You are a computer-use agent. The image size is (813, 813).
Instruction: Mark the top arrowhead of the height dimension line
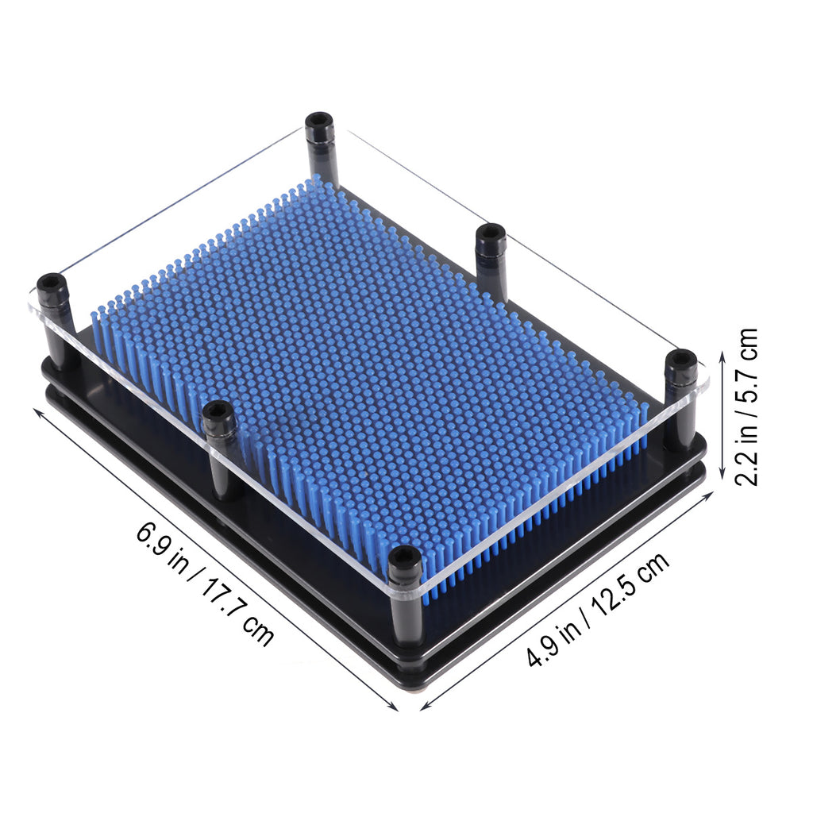(722, 355)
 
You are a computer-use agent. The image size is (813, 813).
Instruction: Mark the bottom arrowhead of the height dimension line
(722, 475)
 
